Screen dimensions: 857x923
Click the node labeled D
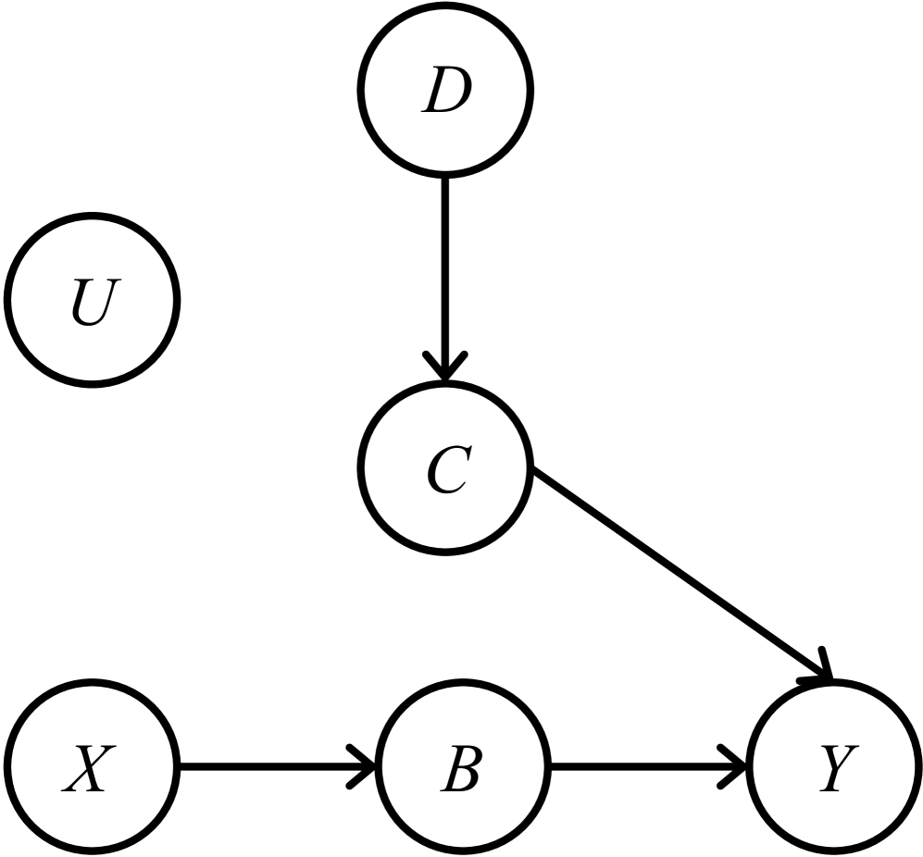click(x=446, y=90)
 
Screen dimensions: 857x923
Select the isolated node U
click(x=92, y=298)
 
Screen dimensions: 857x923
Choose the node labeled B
click(x=463, y=767)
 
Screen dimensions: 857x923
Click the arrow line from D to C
click(x=446, y=268)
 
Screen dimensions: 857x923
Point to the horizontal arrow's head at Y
click(x=736, y=767)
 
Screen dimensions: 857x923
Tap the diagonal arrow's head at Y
click(x=819, y=673)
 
